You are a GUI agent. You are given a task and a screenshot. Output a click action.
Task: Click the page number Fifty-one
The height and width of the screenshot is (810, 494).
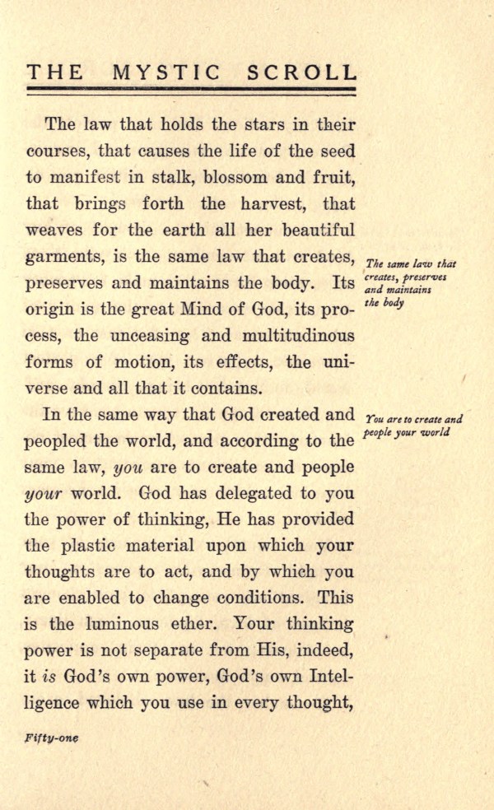(x=51, y=738)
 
